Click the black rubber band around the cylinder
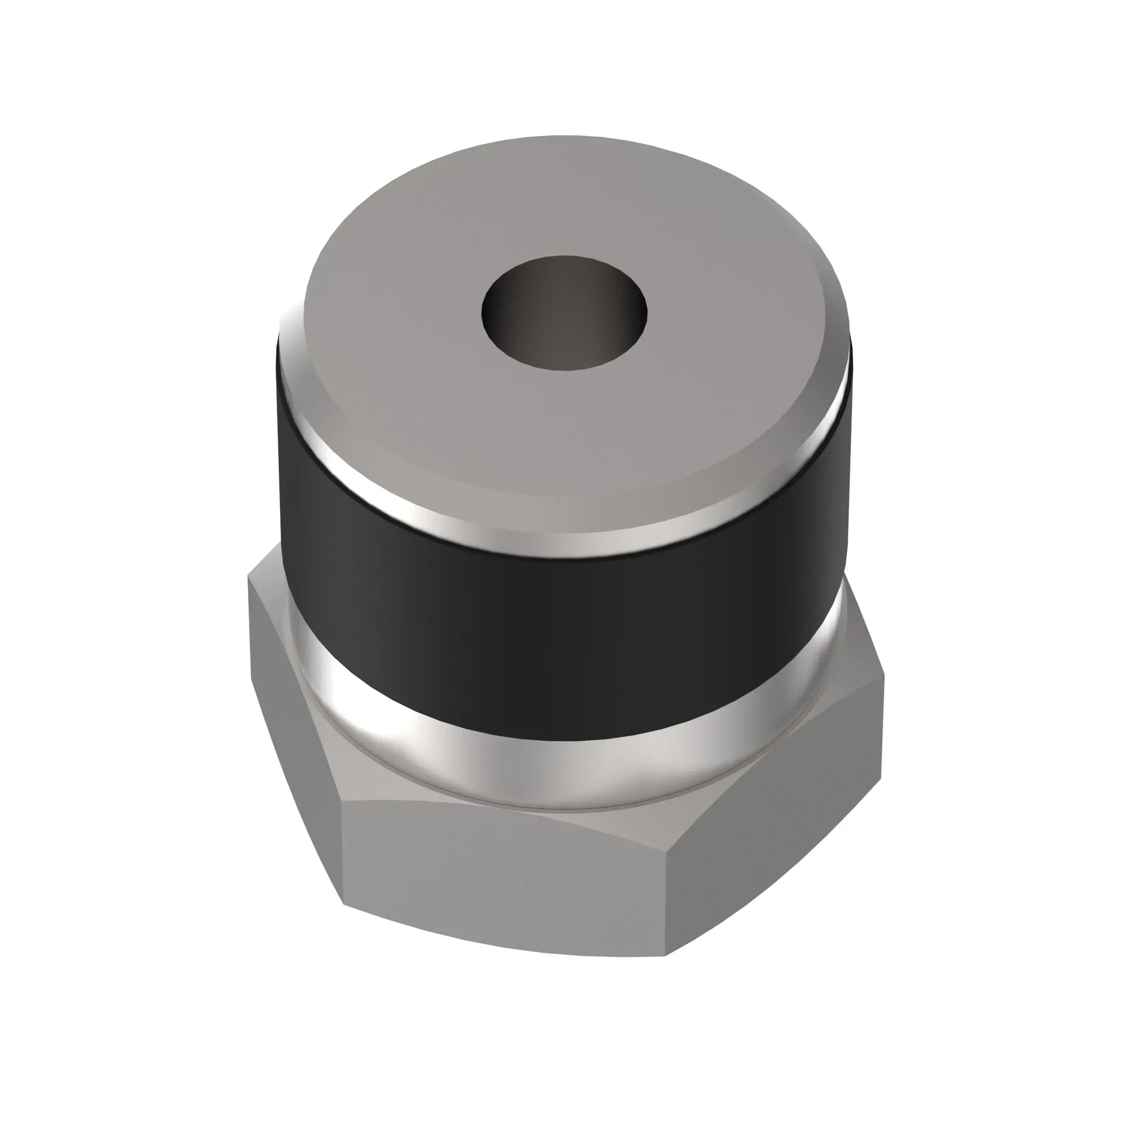[561, 631]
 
